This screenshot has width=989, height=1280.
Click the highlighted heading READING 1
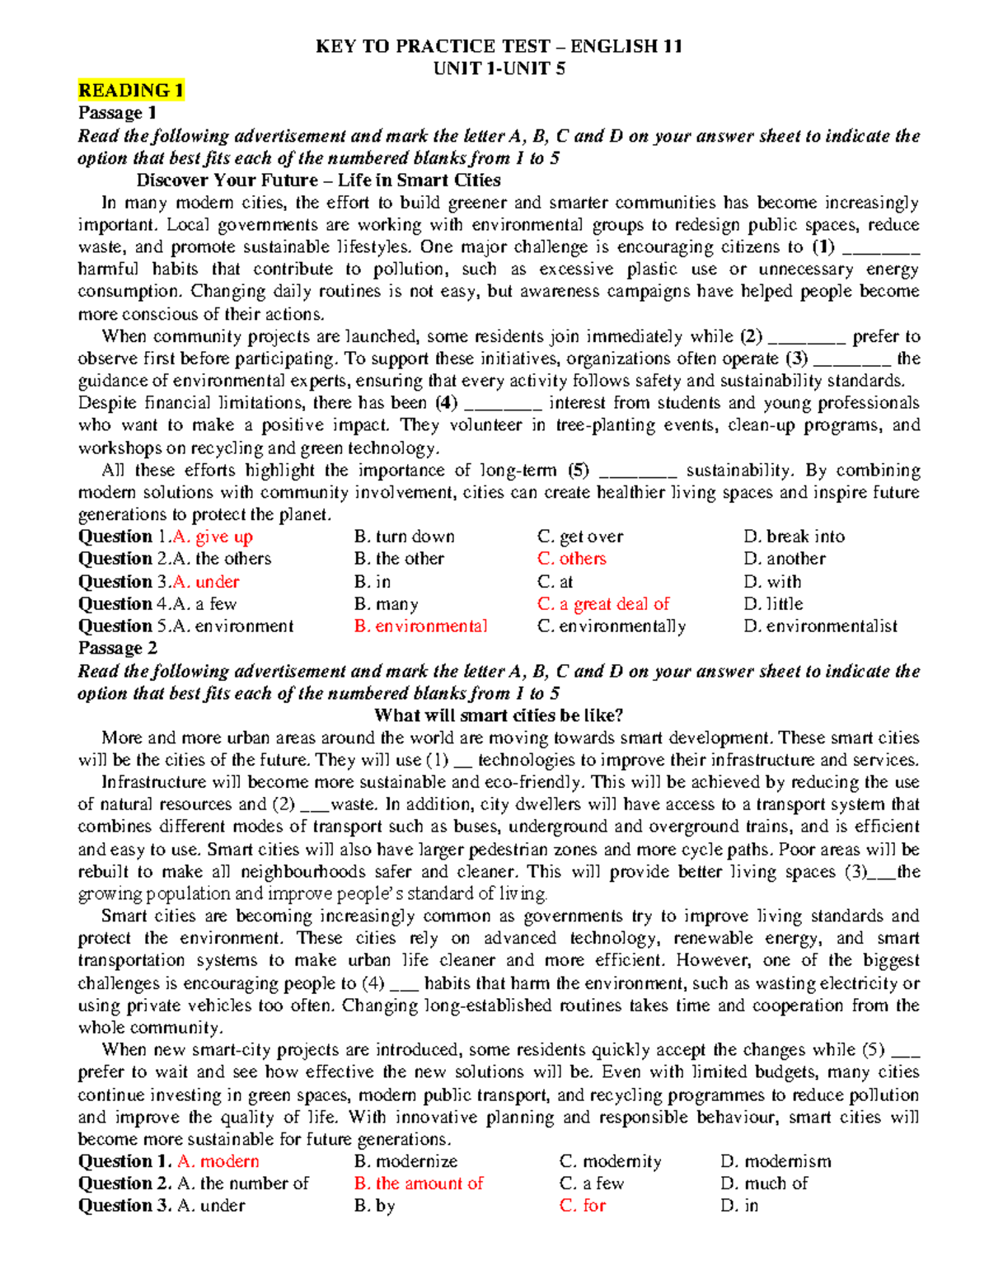coord(130,91)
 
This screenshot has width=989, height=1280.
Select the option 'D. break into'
coord(794,537)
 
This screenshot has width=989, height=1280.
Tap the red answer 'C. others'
coord(571,559)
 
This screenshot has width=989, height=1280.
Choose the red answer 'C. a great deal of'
coord(603,604)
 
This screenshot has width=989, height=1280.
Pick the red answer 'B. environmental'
coord(420,626)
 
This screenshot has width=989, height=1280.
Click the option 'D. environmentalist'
coord(820,626)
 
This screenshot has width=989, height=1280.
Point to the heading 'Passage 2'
coord(117,649)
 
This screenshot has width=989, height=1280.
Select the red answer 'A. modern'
coord(218,1161)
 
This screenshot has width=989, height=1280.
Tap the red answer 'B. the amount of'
coord(418,1184)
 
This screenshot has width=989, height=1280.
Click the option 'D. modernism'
coord(776,1161)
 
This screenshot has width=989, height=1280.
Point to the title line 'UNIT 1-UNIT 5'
coord(499,68)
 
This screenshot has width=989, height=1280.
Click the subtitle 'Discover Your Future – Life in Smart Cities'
coord(318,181)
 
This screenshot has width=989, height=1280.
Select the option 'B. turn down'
coord(404,537)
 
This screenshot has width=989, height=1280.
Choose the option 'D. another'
coord(784,559)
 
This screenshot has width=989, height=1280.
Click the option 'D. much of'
coord(763,1184)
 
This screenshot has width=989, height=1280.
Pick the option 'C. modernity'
coord(610,1161)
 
